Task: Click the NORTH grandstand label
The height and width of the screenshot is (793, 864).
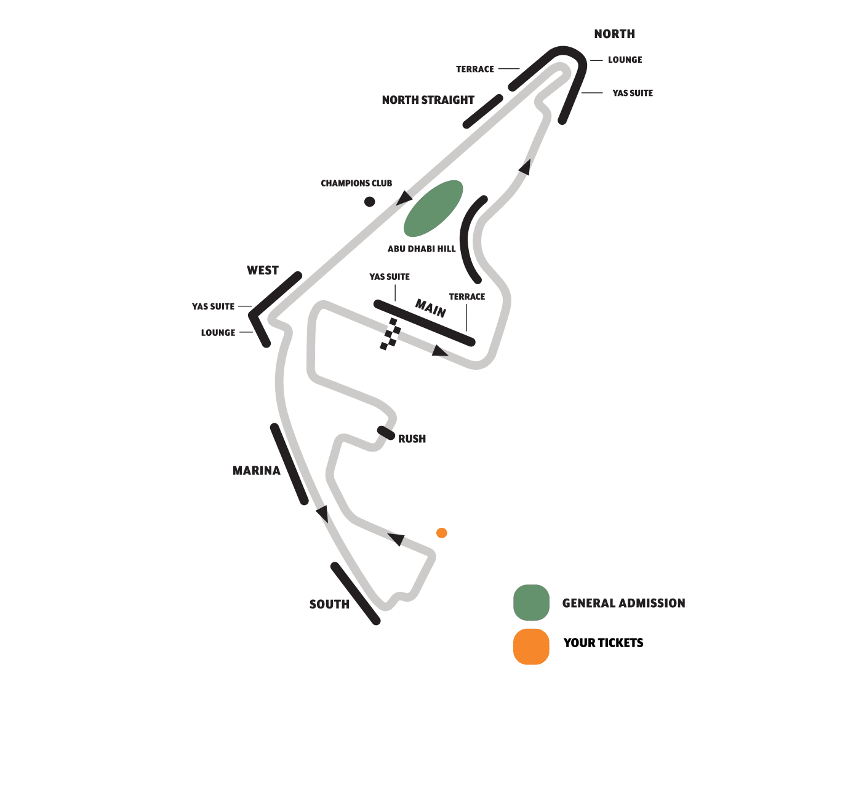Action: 614,34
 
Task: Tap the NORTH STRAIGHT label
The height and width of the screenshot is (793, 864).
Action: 428,100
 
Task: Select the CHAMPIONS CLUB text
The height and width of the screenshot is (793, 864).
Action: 356,183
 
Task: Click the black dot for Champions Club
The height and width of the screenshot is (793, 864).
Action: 369,202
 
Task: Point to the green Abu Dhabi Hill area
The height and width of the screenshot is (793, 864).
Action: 433,209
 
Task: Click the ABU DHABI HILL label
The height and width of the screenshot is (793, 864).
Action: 422,249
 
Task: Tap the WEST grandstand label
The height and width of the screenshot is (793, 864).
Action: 263,271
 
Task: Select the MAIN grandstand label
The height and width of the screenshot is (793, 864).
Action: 431,308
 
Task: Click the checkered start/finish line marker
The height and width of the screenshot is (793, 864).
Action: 390,334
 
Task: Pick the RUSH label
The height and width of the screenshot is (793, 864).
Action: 412,439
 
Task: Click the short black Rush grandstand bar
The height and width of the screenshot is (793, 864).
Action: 386,432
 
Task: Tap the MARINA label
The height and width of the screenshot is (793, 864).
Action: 256,471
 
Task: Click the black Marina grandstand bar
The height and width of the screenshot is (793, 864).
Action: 289,464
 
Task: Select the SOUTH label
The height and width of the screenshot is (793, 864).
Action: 329,605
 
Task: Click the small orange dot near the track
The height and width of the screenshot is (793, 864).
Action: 441,533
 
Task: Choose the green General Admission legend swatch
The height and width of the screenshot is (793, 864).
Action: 531,602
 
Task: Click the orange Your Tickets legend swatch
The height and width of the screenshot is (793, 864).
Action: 531,647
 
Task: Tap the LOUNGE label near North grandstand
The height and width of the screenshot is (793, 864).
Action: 625,60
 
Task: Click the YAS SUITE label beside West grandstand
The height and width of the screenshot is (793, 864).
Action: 213,307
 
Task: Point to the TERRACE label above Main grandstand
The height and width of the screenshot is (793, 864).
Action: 466,297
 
